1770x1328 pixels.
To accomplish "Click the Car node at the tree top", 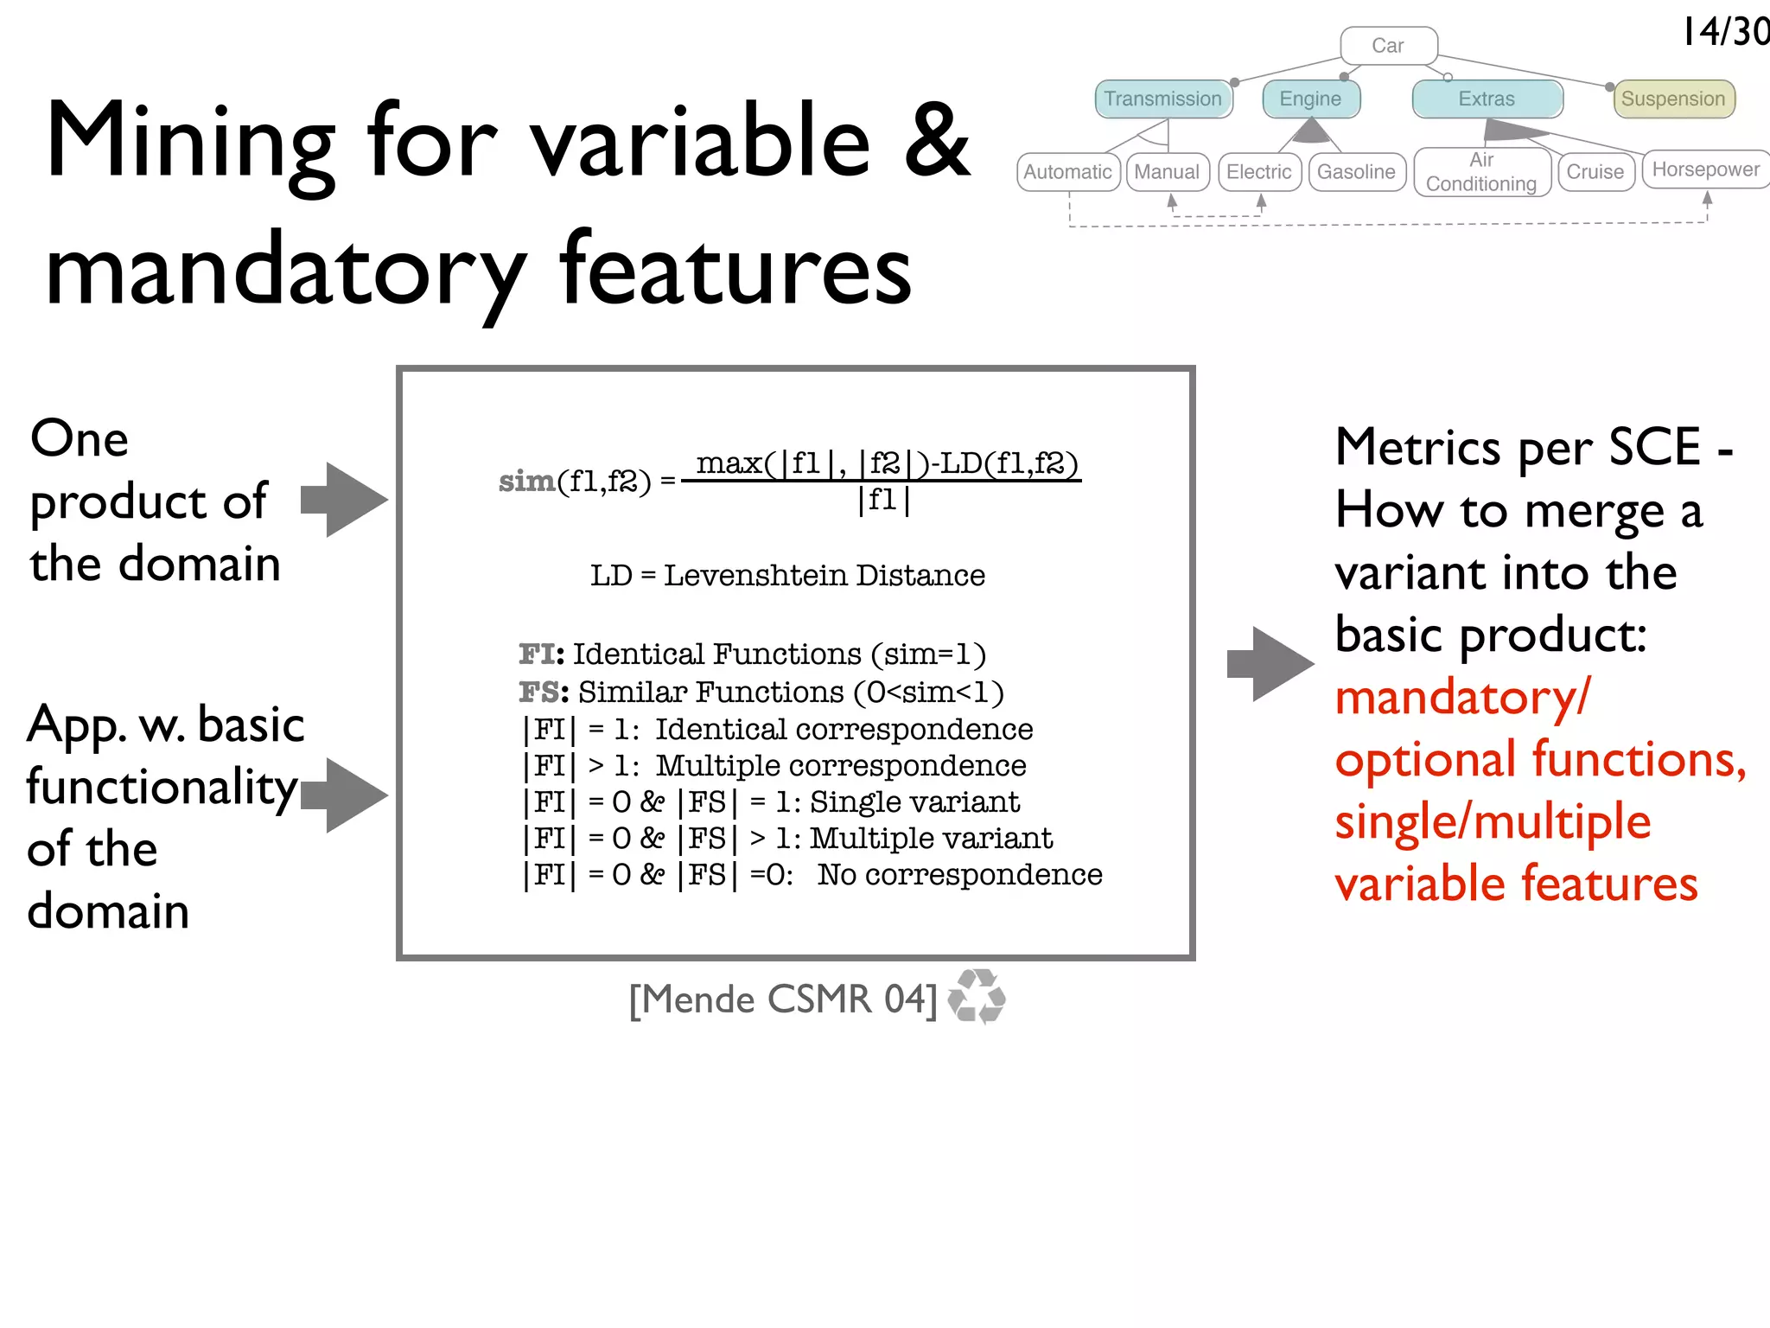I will coord(1388,46).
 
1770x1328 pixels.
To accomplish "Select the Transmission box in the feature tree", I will coord(1162,99).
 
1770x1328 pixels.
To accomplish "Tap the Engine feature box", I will coord(1310,99).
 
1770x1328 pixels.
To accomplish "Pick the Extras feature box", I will coord(1487,99).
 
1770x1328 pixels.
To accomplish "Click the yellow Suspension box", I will coord(1672,99).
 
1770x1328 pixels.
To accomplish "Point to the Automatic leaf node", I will coord(1067,172).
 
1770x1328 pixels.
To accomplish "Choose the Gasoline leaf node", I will coord(1356,172).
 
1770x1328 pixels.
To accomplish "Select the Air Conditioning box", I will coord(1481,172).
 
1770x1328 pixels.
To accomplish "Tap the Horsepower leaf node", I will coord(1705,169).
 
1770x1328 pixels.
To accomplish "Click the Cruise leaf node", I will coord(1595,172).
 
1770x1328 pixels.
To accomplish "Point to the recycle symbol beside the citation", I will coord(977,997).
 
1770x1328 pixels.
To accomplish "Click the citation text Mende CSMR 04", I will coord(783,999).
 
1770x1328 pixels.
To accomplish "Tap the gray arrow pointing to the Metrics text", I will coord(1270,664).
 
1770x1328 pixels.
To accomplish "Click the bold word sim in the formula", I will coord(526,481).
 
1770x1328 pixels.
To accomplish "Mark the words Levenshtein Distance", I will coord(824,575).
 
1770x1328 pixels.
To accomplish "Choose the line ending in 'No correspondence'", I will coord(812,875).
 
